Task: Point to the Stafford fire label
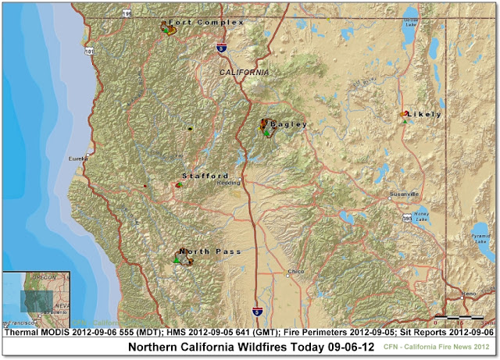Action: point(205,176)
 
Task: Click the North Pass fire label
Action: point(210,251)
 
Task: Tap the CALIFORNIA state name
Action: point(242,72)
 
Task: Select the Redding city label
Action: point(229,183)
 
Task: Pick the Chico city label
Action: point(295,272)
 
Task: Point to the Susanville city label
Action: point(405,194)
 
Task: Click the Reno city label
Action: point(469,294)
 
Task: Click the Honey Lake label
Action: point(422,217)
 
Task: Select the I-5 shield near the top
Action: point(223,48)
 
